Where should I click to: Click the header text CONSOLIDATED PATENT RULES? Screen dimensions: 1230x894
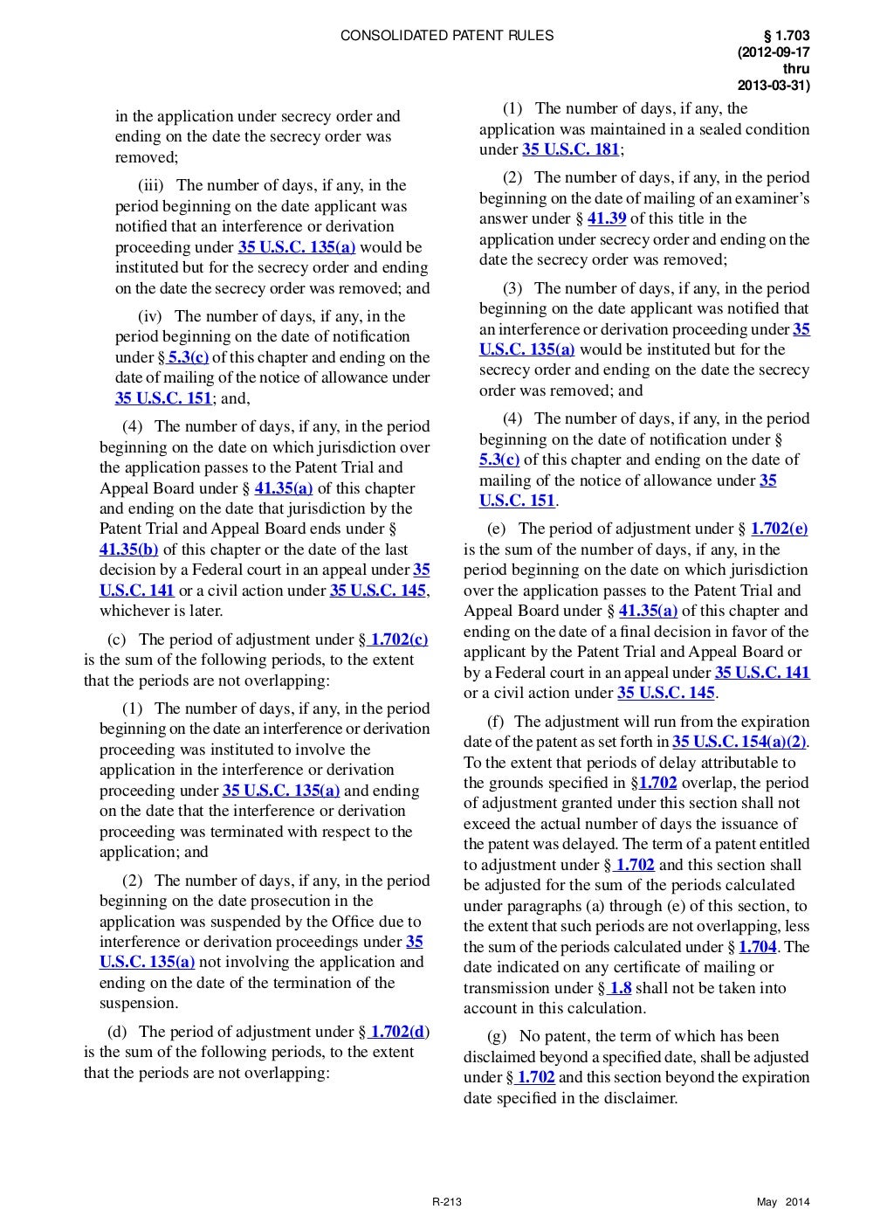click(x=446, y=36)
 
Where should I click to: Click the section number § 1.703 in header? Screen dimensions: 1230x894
click(x=787, y=36)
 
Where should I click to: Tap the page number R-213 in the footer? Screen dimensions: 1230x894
click(x=447, y=1203)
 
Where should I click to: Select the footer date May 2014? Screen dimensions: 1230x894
click(x=783, y=1203)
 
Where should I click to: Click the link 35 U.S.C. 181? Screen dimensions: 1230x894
click(x=571, y=149)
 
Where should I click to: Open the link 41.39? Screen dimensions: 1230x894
click(x=606, y=218)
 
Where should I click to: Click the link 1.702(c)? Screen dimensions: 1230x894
click(x=399, y=639)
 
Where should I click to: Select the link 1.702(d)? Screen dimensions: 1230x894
click(x=399, y=1032)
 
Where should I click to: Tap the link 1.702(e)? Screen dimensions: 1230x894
click(x=779, y=529)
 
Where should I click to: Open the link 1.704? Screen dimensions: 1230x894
click(x=757, y=947)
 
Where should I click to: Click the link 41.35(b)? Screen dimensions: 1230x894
click(x=129, y=549)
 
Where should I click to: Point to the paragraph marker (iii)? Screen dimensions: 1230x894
click(x=153, y=185)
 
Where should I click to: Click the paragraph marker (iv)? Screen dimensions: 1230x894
click(x=153, y=316)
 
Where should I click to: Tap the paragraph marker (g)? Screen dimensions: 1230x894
click(x=497, y=1036)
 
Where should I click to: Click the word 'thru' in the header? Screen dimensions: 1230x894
click(x=795, y=69)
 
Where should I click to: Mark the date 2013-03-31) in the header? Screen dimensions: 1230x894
click(x=774, y=86)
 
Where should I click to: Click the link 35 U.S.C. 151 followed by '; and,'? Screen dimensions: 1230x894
click(x=163, y=398)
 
